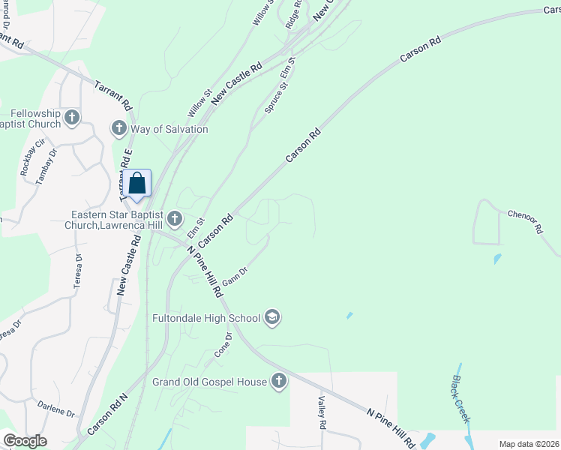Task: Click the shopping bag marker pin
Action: (138, 184)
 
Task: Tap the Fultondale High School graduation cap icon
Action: (272, 318)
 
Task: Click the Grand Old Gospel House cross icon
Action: (278, 382)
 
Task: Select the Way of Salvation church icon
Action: (118, 129)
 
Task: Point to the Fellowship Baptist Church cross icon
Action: (72, 117)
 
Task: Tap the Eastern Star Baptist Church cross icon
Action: (174, 219)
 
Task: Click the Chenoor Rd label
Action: (524, 222)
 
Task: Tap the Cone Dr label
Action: (223, 345)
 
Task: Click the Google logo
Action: (25, 441)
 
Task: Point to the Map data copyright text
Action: (529, 444)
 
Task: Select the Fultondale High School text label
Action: (205, 318)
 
